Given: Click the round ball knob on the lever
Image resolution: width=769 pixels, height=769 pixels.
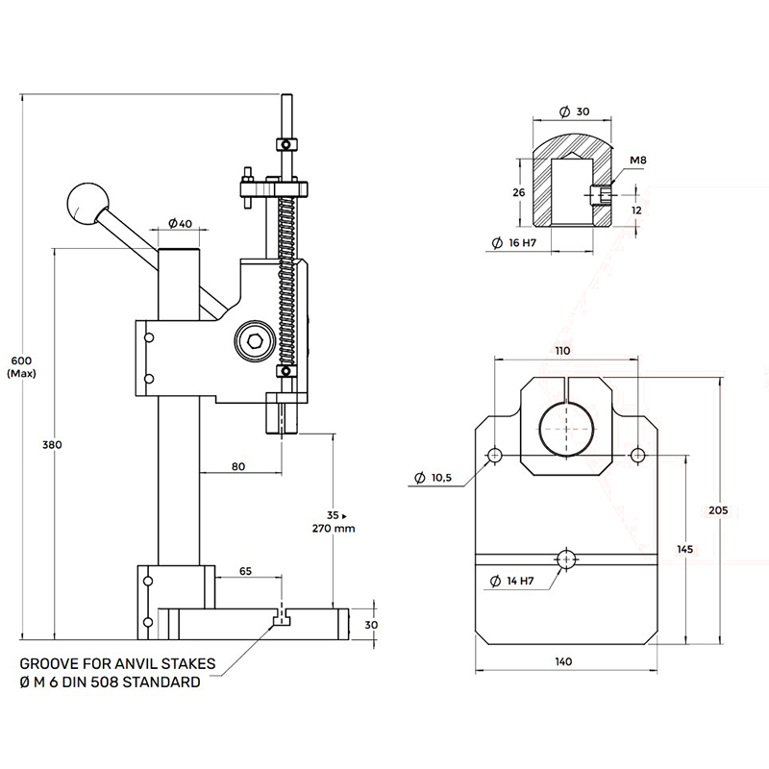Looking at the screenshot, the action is click(88, 204).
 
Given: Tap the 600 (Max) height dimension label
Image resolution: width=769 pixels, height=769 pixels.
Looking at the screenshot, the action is click(21, 367).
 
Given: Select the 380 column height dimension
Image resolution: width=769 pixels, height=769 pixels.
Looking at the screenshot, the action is click(52, 445).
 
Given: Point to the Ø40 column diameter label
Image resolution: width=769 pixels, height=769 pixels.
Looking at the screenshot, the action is click(181, 224).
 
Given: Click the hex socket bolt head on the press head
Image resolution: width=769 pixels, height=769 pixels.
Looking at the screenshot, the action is click(254, 340).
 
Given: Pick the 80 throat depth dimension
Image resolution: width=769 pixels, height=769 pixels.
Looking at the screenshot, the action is click(238, 466).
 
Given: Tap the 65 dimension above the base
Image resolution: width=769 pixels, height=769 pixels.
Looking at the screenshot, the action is click(245, 571).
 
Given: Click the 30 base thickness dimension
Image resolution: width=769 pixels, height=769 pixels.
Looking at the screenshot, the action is click(371, 625).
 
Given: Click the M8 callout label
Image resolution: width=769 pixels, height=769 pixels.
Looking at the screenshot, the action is click(638, 160).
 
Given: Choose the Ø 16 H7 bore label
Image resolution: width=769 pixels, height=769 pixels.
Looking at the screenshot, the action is click(514, 242).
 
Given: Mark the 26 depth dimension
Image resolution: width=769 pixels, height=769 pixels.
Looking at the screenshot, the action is click(519, 193).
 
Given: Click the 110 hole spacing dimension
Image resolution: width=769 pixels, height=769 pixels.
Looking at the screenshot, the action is click(562, 351).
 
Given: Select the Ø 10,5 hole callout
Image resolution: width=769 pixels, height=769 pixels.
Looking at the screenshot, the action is click(434, 477).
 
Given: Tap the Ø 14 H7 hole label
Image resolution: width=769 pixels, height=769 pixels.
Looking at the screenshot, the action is click(512, 582).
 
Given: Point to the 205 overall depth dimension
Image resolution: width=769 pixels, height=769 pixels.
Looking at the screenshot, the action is click(718, 510).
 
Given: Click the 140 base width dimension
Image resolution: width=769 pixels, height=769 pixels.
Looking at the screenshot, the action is click(563, 661).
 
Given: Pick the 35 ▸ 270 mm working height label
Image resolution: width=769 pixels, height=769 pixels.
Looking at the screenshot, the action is click(334, 522).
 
